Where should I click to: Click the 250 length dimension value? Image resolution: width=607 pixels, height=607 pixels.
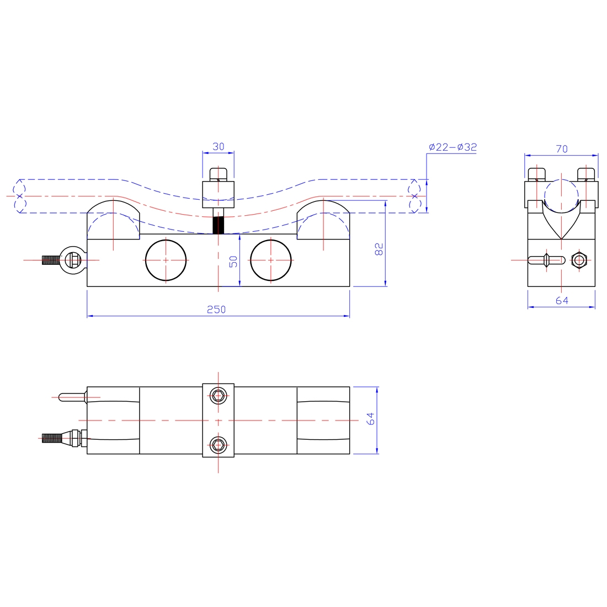[216, 310]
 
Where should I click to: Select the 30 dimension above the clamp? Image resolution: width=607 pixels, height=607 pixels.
[219, 147]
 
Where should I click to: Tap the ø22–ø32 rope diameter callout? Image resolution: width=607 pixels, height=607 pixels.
[452, 147]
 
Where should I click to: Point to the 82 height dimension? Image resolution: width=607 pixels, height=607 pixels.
[379, 249]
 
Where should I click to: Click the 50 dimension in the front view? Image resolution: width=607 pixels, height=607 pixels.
[234, 261]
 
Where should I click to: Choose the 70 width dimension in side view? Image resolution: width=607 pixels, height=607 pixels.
[562, 149]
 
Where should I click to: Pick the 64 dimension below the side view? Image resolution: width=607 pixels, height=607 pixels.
[562, 301]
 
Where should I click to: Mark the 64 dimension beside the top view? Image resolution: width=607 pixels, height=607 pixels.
[371, 418]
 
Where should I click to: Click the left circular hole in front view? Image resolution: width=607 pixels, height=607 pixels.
[166, 260]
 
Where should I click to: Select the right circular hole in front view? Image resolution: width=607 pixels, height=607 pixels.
[270, 260]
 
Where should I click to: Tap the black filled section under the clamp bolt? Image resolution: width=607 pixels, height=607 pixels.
[219, 225]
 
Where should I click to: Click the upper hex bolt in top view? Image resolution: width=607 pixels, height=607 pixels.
[219, 395]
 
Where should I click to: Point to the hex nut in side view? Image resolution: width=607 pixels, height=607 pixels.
[578, 259]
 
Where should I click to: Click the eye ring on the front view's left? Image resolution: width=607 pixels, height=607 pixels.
[72, 259]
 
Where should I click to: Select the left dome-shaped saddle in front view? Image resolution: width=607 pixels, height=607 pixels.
[113, 220]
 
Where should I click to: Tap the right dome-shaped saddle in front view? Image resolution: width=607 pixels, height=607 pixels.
[323, 220]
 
